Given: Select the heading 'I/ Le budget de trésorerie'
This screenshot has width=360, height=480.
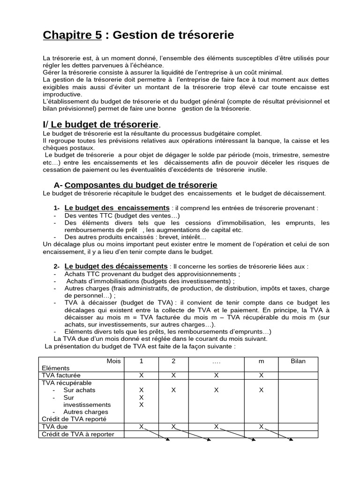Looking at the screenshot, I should pyautogui.click(x=101, y=124).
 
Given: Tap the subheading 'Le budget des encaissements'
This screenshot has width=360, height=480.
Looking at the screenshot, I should pyautogui.click(x=117, y=208).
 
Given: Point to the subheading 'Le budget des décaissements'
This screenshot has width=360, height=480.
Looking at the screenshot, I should pyautogui.click(x=116, y=266).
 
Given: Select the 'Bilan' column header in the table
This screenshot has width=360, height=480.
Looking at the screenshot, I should pyautogui.click(x=298, y=361).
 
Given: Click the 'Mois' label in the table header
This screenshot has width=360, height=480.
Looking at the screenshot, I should pyautogui.click(x=113, y=361).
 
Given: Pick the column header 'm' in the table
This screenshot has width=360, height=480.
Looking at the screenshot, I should pyautogui.click(x=261, y=361).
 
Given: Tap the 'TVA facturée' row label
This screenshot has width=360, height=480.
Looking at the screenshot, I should pyautogui.click(x=61, y=375).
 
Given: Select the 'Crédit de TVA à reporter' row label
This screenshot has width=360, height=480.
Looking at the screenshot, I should pyautogui.click(x=78, y=434).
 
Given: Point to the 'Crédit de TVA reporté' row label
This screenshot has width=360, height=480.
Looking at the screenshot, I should pyautogui.click(x=74, y=419).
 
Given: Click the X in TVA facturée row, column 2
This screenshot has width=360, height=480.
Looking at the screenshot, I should pyautogui.click(x=173, y=375).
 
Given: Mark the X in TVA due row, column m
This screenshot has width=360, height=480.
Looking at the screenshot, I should pyautogui.click(x=261, y=427).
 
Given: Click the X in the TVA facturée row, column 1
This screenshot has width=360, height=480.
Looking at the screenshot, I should pyautogui.click(x=141, y=375).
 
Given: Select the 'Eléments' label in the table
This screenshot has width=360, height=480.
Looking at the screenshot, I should pyautogui.click(x=55, y=368).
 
